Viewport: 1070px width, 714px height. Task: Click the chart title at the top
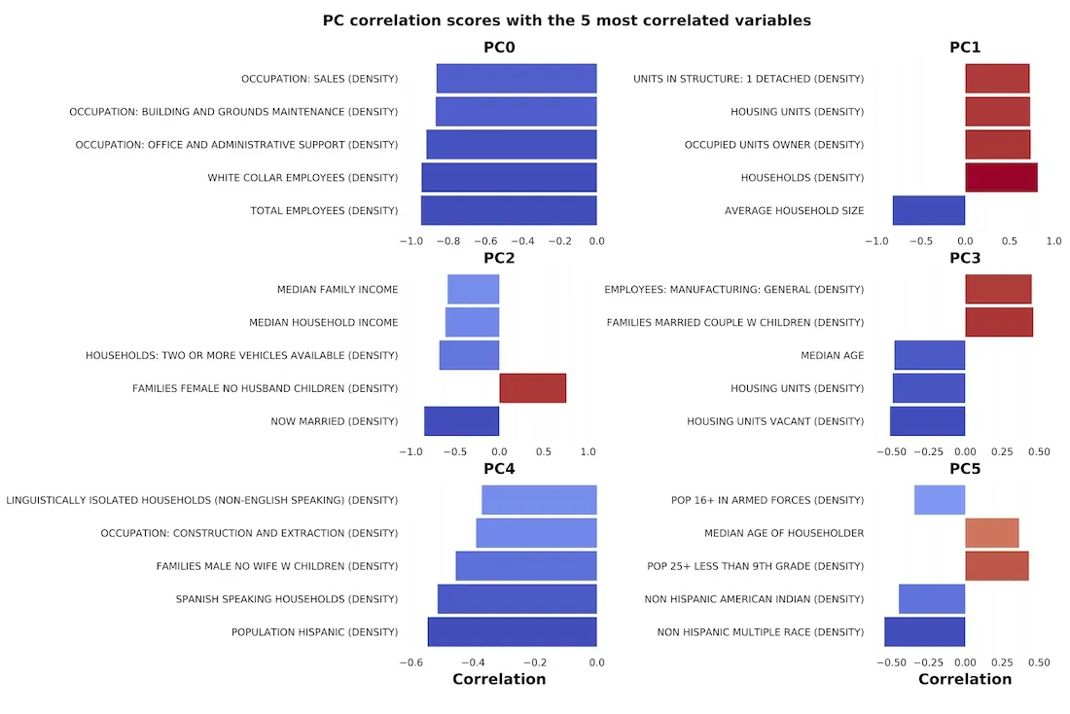click(566, 19)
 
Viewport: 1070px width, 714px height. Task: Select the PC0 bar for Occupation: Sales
click(516, 79)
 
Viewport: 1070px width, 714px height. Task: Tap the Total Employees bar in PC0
click(508, 210)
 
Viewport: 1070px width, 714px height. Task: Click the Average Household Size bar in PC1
click(928, 210)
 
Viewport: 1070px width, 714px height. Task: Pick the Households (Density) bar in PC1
click(1001, 177)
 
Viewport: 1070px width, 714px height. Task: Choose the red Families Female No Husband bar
click(532, 388)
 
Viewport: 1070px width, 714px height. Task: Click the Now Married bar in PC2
click(461, 421)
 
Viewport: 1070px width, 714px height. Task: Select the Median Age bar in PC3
click(929, 355)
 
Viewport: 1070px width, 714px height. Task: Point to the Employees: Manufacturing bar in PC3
click(998, 289)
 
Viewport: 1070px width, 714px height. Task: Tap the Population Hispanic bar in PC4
click(512, 631)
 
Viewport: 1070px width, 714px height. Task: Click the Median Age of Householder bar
click(991, 533)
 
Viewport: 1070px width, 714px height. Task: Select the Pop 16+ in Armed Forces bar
click(939, 500)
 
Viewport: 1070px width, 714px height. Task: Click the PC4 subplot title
click(499, 469)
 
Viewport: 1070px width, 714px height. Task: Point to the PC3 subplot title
click(965, 258)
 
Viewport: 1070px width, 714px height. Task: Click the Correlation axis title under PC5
click(965, 679)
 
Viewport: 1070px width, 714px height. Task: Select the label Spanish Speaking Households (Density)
click(286, 599)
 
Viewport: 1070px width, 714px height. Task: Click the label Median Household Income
click(323, 322)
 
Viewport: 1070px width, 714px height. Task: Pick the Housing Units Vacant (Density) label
click(774, 421)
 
